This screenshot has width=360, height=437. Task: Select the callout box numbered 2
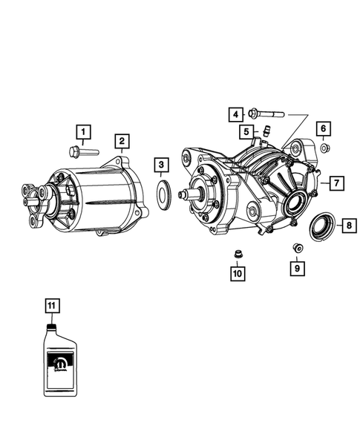[x=120, y=141]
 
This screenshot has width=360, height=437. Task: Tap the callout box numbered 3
[x=161, y=165]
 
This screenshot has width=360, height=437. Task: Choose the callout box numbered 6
[x=324, y=129]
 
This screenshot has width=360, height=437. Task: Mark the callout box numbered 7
[x=336, y=182]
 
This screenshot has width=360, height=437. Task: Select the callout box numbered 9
[x=296, y=268]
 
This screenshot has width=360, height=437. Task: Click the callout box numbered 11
[x=51, y=305]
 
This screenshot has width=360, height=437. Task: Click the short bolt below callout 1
[x=81, y=152]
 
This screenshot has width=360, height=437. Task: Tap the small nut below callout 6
[x=324, y=149]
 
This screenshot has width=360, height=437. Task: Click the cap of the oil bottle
[x=51, y=326]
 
